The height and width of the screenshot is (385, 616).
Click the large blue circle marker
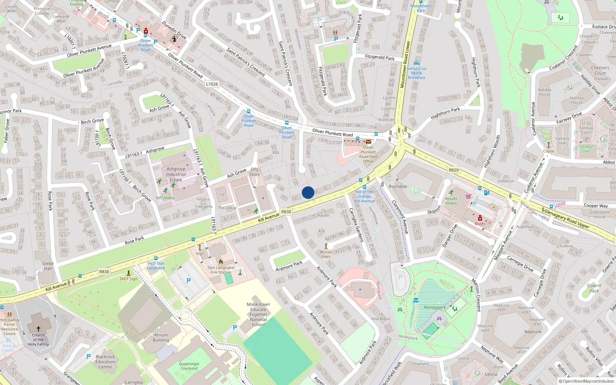[x=308, y=192]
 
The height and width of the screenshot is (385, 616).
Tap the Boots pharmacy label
[x=480, y=224]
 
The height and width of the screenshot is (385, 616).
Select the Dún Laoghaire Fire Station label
[x=221, y=270]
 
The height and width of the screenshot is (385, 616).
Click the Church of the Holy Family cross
[x=38, y=328]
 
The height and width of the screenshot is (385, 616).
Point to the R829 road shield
[x=454, y=170]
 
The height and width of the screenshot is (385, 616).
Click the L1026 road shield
[x=212, y=84]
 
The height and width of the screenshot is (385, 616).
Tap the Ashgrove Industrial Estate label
[x=176, y=174]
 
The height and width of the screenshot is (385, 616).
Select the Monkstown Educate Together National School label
[x=258, y=315]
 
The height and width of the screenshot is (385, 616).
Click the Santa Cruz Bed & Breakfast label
[x=417, y=73]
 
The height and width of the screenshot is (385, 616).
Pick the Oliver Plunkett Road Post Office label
[x=368, y=154]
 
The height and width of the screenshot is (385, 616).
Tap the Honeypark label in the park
[x=435, y=307]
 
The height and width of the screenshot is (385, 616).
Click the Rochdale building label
[x=398, y=186]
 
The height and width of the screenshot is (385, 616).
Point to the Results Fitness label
[x=451, y=201]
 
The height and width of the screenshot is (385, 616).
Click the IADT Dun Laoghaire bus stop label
[x=156, y=266]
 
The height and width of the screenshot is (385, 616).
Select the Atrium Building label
[x=161, y=338]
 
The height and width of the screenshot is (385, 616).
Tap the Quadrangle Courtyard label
[x=189, y=366]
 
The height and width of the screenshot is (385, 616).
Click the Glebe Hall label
[x=48, y=266]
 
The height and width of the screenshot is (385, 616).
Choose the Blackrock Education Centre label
[x=105, y=362]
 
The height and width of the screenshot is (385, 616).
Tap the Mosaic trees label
[x=326, y=254]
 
